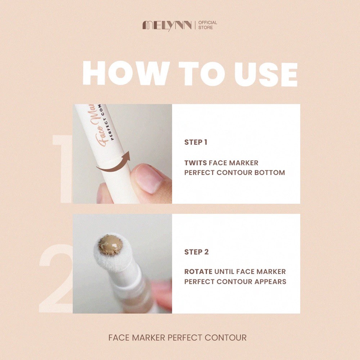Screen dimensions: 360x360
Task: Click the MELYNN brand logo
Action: pos(167,25)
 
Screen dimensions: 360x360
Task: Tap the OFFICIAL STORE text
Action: pos(208,25)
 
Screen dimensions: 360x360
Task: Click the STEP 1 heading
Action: pos(196,142)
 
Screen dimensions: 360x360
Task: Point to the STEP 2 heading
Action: pos(197,252)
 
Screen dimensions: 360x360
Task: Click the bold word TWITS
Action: pos(195,163)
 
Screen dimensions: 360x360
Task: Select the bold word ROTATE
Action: pos(198,271)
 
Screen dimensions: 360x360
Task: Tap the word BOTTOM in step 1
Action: pos(270,172)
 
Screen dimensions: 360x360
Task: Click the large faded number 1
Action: pos(62,169)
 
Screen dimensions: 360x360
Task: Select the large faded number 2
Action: pos(56,278)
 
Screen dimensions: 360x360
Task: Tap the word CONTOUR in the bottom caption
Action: pos(225,338)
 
